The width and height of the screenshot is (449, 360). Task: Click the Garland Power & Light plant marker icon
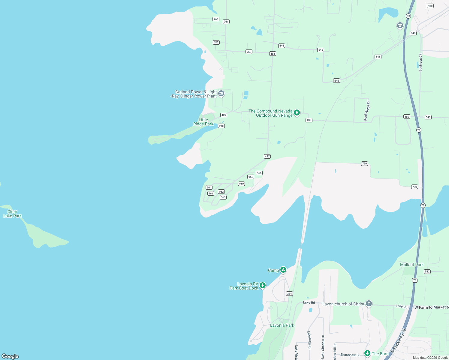[221, 94]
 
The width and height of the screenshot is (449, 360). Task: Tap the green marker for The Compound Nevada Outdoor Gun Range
[297, 113]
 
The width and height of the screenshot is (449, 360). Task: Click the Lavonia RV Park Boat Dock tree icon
[263, 285]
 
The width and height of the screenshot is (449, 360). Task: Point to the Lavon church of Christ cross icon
[369, 304]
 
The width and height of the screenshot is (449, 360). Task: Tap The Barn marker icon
[367, 353]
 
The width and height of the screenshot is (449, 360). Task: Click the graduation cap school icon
[400, 25]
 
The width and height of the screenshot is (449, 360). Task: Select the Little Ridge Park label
[203, 122]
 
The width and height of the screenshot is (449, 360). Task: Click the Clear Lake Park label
[12, 214]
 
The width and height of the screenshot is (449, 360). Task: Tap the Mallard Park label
[412, 265]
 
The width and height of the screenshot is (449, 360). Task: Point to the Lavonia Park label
[282, 325]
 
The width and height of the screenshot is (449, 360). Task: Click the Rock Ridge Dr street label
[367, 111]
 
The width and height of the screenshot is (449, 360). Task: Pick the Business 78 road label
[420, 62]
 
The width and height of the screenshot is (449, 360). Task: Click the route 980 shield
[430, 6]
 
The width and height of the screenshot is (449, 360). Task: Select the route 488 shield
[273, 54]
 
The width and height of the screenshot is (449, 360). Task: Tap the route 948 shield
[221, 126]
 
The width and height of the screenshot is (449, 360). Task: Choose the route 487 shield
[267, 156]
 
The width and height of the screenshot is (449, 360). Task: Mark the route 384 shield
[289, 294]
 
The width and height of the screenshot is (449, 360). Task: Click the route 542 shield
[427, 271]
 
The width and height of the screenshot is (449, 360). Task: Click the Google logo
[10, 356]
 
